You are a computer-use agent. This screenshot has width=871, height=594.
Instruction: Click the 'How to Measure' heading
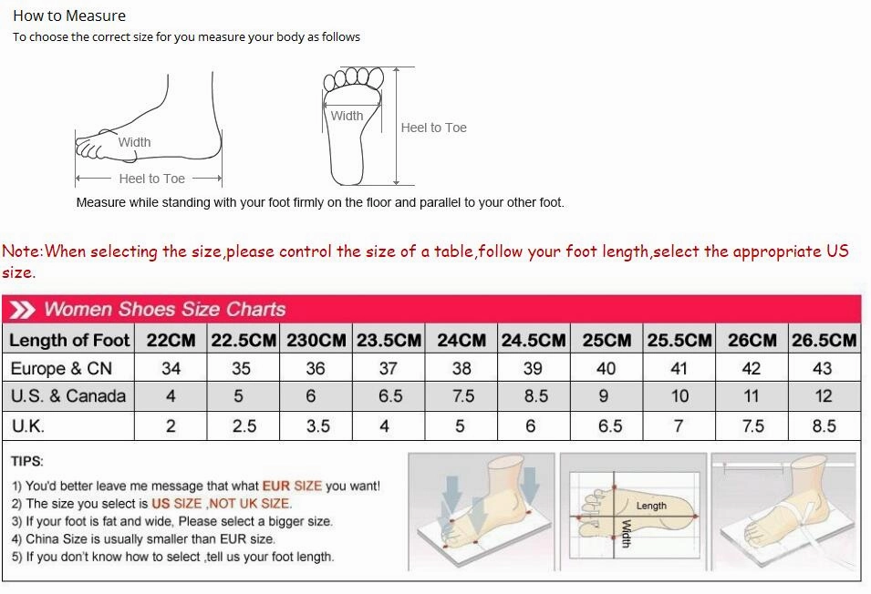(x=69, y=15)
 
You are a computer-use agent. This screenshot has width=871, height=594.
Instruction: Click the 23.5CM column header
(x=389, y=341)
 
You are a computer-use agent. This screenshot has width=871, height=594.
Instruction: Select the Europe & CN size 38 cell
(x=461, y=369)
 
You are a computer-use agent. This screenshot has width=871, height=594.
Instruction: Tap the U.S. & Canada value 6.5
(x=389, y=396)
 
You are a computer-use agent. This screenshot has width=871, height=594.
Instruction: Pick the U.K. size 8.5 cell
(x=824, y=425)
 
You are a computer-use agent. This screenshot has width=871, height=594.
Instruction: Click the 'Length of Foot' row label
(x=69, y=341)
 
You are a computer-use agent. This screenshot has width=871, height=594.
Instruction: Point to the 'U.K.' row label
(x=28, y=425)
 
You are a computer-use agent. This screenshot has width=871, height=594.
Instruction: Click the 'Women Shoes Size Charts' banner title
(x=164, y=309)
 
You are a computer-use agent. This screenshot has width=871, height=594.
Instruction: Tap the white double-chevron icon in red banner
(x=22, y=310)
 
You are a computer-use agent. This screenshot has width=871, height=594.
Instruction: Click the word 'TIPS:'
(x=28, y=461)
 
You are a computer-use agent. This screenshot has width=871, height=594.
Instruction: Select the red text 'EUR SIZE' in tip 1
(x=292, y=486)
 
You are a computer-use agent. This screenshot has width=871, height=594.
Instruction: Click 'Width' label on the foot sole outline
(x=347, y=116)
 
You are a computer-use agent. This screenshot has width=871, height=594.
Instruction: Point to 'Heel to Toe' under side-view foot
(x=151, y=179)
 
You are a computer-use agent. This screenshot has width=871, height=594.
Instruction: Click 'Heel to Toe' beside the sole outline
(x=433, y=128)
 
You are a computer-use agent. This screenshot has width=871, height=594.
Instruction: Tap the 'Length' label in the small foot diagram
(x=651, y=506)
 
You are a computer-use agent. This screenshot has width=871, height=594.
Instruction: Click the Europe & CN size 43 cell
(x=823, y=369)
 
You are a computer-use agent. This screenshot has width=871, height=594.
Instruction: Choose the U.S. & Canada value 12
(x=824, y=396)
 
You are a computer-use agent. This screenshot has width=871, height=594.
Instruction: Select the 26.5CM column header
(x=824, y=341)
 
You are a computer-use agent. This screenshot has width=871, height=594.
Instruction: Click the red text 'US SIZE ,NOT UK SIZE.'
(x=222, y=504)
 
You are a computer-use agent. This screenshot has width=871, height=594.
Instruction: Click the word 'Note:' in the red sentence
(x=23, y=251)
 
